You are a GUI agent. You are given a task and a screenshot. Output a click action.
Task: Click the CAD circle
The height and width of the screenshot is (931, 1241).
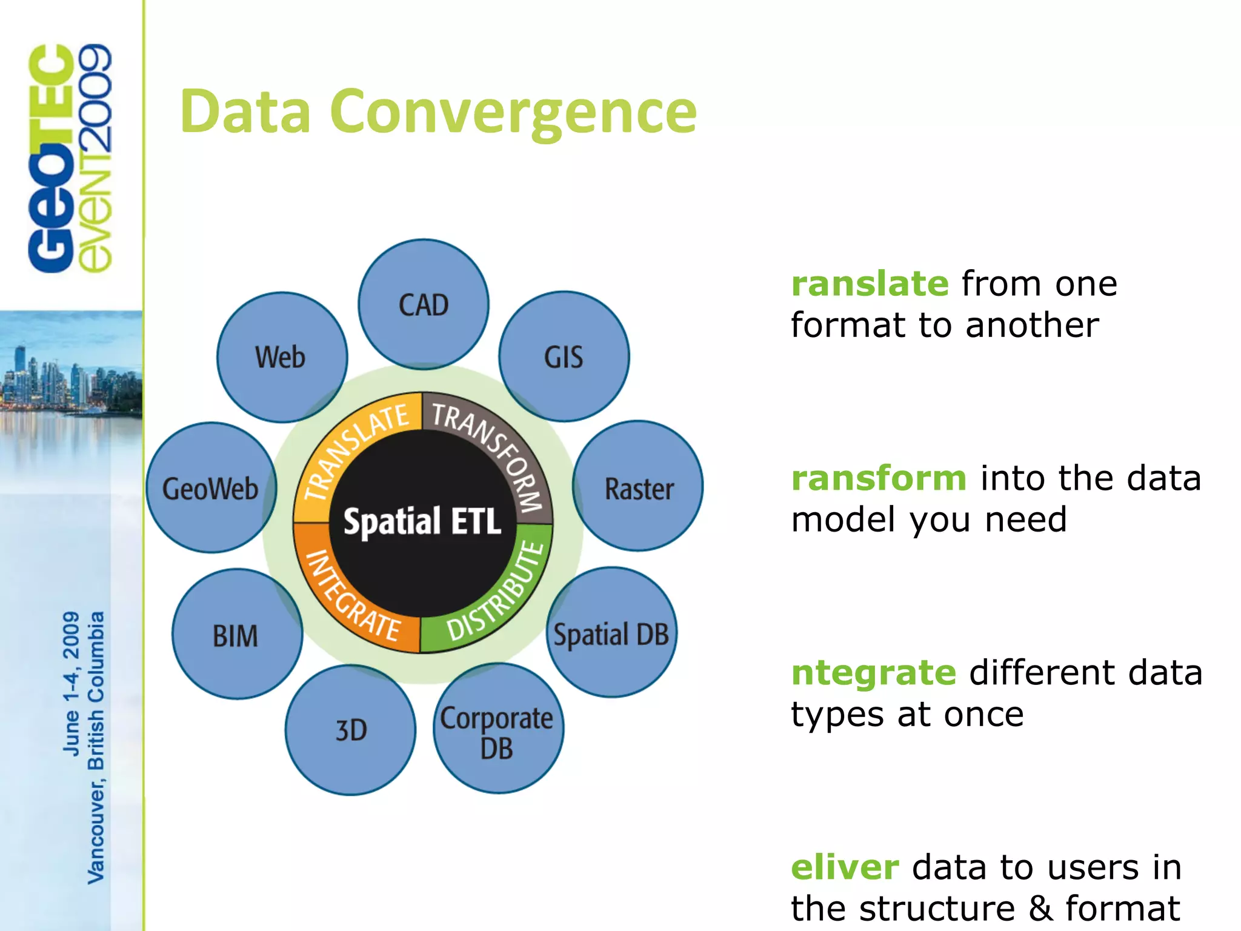pyautogui.click(x=424, y=304)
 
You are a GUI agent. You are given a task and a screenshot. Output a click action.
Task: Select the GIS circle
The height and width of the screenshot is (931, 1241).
pyautogui.click(x=564, y=356)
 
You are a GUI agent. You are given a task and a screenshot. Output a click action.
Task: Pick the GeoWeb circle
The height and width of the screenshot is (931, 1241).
pyautogui.click(x=211, y=488)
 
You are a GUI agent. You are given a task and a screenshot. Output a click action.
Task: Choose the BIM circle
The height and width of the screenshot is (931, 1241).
pyautogui.click(x=236, y=634)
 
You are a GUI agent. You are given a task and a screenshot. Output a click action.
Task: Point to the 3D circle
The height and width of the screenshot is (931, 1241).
pyautogui.click(x=351, y=730)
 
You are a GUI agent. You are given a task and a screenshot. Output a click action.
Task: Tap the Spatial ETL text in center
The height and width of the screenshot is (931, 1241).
pyautogui.click(x=422, y=521)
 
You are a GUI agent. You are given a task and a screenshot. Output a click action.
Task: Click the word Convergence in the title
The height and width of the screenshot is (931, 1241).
pyautogui.click(x=514, y=112)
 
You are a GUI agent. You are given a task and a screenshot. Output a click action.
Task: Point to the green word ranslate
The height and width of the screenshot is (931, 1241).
pyautogui.click(x=870, y=284)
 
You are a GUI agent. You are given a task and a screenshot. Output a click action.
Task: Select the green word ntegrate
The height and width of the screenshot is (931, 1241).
pyautogui.click(x=873, y=673)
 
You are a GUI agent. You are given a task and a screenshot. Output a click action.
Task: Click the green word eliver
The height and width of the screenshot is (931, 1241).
pyautogui.click(x=845, y=867)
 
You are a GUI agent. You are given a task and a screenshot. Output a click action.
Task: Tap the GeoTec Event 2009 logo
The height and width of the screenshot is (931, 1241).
pyautogui.click(x=70, y=158)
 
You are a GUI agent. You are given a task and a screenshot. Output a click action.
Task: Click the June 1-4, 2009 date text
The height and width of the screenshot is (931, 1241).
pyautogui.click(x=72, y=684)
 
